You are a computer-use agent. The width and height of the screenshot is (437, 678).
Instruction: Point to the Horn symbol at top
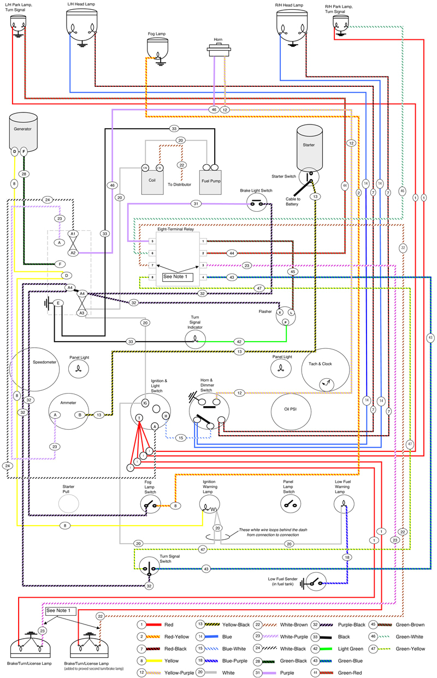click(217, 51)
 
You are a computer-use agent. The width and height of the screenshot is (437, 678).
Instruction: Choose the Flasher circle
click(285, 315)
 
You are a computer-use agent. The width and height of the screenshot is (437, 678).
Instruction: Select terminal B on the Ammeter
click(80, 415)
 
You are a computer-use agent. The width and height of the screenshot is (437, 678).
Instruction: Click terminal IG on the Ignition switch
click(145, 403)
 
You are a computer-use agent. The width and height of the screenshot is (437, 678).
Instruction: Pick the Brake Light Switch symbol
click(256, 204)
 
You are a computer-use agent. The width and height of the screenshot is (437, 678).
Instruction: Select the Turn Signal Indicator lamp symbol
click(194, 341)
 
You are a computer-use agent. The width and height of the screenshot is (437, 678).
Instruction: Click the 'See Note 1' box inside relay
click(174, 277)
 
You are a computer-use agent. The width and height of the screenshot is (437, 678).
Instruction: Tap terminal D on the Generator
click(15, 152)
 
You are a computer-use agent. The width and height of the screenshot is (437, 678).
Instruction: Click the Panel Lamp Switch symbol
click(289, 505)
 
